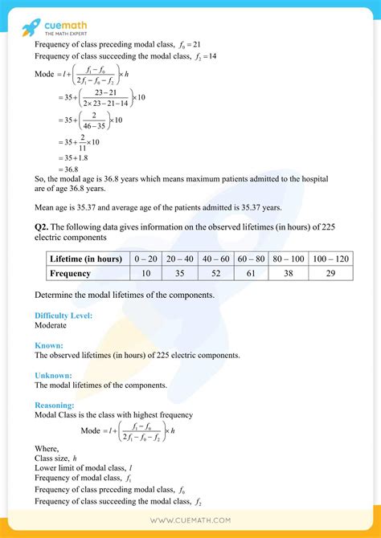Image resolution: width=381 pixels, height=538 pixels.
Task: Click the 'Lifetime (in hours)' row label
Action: coord(85,259)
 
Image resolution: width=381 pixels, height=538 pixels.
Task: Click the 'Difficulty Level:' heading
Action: coord(63,316)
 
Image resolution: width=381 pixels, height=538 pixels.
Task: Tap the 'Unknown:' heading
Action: coord(53,375)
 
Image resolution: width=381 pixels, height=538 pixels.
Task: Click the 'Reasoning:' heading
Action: coord(55,406)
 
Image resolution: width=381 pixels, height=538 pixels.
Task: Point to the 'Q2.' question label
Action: coord(43,227)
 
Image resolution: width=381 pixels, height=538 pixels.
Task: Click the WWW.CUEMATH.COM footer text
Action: coord(190,520)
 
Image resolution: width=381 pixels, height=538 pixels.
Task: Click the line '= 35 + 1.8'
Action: coord(75,157)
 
